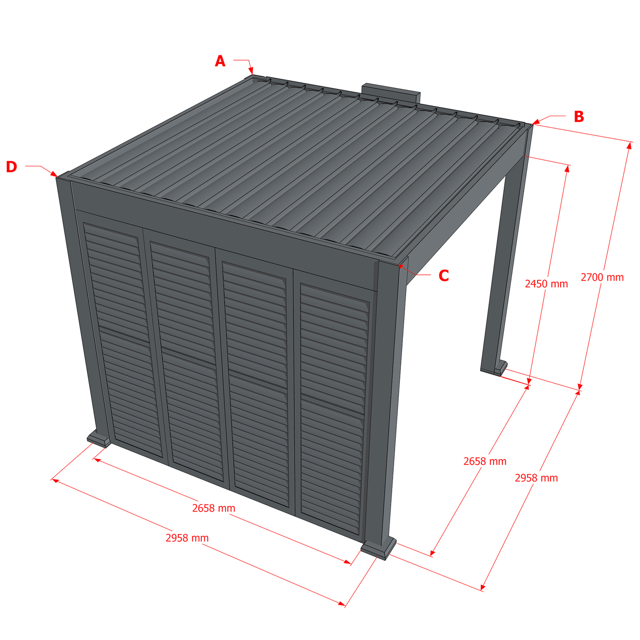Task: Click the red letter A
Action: point(220,61)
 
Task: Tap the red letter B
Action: point(579,117)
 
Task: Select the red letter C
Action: point(444,275)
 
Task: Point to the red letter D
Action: point(12,167)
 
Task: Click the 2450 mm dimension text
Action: point(546,284)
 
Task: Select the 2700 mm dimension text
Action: point(602,278)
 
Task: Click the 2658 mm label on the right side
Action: point(485,461)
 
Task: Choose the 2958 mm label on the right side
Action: point(537,478)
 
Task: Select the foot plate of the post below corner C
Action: point(378,549)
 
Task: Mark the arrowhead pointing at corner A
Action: point(251,70)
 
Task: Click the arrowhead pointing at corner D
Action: point(54,174)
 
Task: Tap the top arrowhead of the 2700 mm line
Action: point(629,145)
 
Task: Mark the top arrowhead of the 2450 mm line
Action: point(567,168)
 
